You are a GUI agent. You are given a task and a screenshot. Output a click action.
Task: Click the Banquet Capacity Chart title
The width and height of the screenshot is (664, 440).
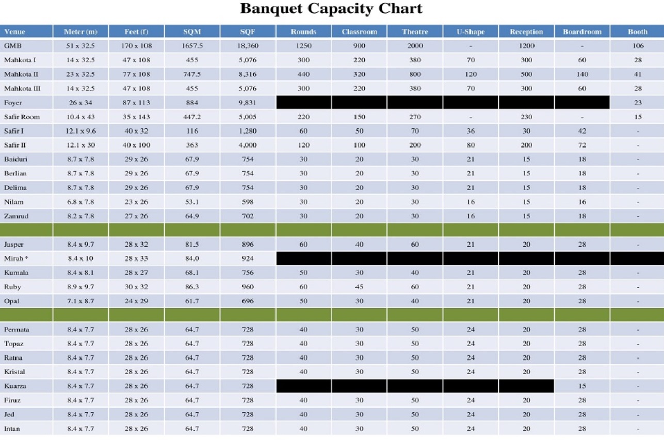(331, 9)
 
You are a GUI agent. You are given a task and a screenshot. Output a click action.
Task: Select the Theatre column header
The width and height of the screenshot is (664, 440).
(415, 31)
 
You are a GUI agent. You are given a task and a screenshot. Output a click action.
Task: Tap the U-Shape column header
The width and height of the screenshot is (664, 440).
(471, 31)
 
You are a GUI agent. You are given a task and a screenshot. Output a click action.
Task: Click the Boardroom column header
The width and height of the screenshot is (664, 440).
(582, 31)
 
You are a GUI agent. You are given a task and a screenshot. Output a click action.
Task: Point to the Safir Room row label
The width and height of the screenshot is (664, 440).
(22, 117)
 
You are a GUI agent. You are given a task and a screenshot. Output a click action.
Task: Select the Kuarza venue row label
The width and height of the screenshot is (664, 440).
(15, 386)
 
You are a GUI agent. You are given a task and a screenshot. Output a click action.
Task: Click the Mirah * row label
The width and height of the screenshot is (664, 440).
(17, 258)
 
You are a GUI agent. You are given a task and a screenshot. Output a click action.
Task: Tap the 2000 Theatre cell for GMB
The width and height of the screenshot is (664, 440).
(415, 46)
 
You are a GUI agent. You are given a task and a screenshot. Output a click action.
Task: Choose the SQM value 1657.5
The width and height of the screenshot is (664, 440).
(192, 46)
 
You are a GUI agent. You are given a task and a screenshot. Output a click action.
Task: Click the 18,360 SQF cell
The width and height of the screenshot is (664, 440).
(248, 46)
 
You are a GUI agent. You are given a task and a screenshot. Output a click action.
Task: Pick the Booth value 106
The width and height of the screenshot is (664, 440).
(638, 46)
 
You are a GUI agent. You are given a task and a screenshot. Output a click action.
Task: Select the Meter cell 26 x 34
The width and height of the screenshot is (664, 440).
(80, 103)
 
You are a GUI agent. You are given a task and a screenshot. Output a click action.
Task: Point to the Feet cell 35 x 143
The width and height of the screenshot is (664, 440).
(136, 117)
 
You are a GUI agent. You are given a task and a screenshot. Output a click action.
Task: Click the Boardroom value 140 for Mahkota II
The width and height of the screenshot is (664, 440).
(582, 74)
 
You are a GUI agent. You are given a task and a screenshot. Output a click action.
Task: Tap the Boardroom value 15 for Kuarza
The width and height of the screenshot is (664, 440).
(582, 386)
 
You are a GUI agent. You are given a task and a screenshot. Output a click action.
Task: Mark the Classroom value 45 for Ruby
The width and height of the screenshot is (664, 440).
(359, 287)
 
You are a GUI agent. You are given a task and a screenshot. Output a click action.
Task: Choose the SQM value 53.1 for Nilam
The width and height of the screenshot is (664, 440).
(192, 202)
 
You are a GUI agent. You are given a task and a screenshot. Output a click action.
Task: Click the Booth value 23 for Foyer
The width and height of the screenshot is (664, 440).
(638, 103)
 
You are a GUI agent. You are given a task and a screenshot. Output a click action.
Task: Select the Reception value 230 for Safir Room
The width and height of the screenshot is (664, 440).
(526, 117)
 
